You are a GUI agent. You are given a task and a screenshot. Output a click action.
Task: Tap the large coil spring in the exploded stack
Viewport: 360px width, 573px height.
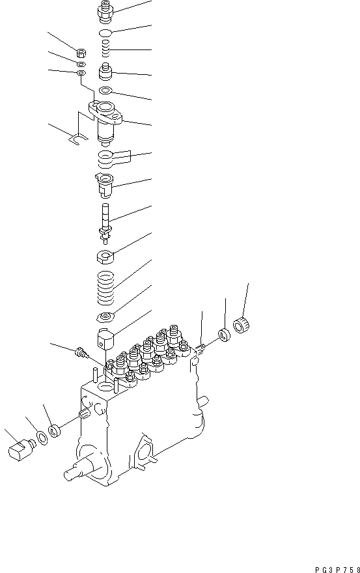[107, 288]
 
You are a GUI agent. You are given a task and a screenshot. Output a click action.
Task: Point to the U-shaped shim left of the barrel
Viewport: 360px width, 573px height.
[75, 139]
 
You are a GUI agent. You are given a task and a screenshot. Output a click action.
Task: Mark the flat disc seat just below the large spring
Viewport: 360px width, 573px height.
[105, 318]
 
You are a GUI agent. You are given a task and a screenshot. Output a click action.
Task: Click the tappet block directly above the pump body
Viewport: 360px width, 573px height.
[106, 339]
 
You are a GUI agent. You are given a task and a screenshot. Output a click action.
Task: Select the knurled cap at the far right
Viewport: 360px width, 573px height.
[243, 324]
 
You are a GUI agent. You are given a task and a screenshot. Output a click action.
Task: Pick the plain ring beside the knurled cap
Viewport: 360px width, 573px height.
[224, 335]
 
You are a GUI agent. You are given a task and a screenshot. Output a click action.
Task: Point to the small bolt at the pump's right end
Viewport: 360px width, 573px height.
[202, 346]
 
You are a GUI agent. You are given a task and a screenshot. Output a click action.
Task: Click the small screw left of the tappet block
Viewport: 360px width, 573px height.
[81, 354]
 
